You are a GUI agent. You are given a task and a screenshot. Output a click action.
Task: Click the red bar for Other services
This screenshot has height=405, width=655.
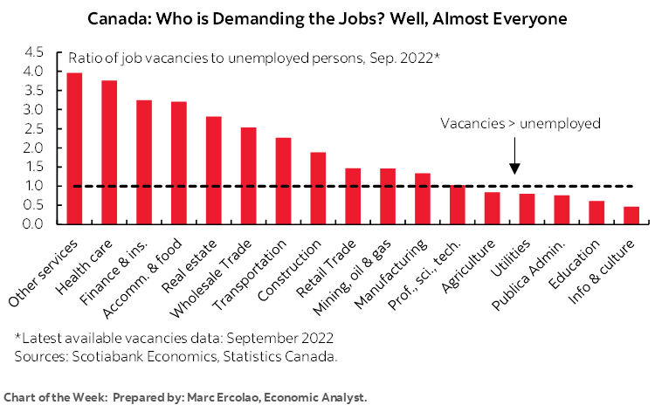point(75,148)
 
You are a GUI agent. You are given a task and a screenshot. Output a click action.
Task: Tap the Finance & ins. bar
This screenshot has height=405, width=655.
point(144,162)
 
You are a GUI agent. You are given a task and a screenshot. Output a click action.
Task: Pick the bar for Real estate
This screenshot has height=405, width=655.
point(213,170)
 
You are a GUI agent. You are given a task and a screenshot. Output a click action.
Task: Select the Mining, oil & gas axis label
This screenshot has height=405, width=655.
point(361,273)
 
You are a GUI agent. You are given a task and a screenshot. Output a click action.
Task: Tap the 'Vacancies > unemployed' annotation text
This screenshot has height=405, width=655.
point(520,123)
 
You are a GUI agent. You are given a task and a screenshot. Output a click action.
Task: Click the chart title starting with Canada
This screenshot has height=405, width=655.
point(327,17)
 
